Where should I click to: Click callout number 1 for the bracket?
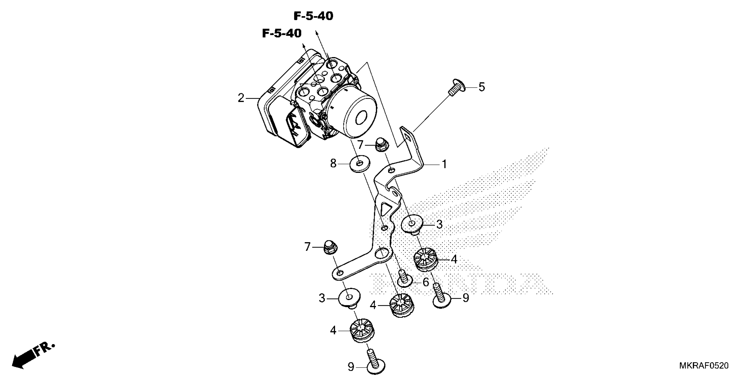click(x=444, y=164)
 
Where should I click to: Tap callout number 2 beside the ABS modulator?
click(x=241, y=98)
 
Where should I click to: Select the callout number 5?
click(x=482, y=87)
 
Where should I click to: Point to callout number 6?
click(x=425, y=282)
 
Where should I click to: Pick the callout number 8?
click(x=333, y=163)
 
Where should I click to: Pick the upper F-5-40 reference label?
click(x=313, y=16)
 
